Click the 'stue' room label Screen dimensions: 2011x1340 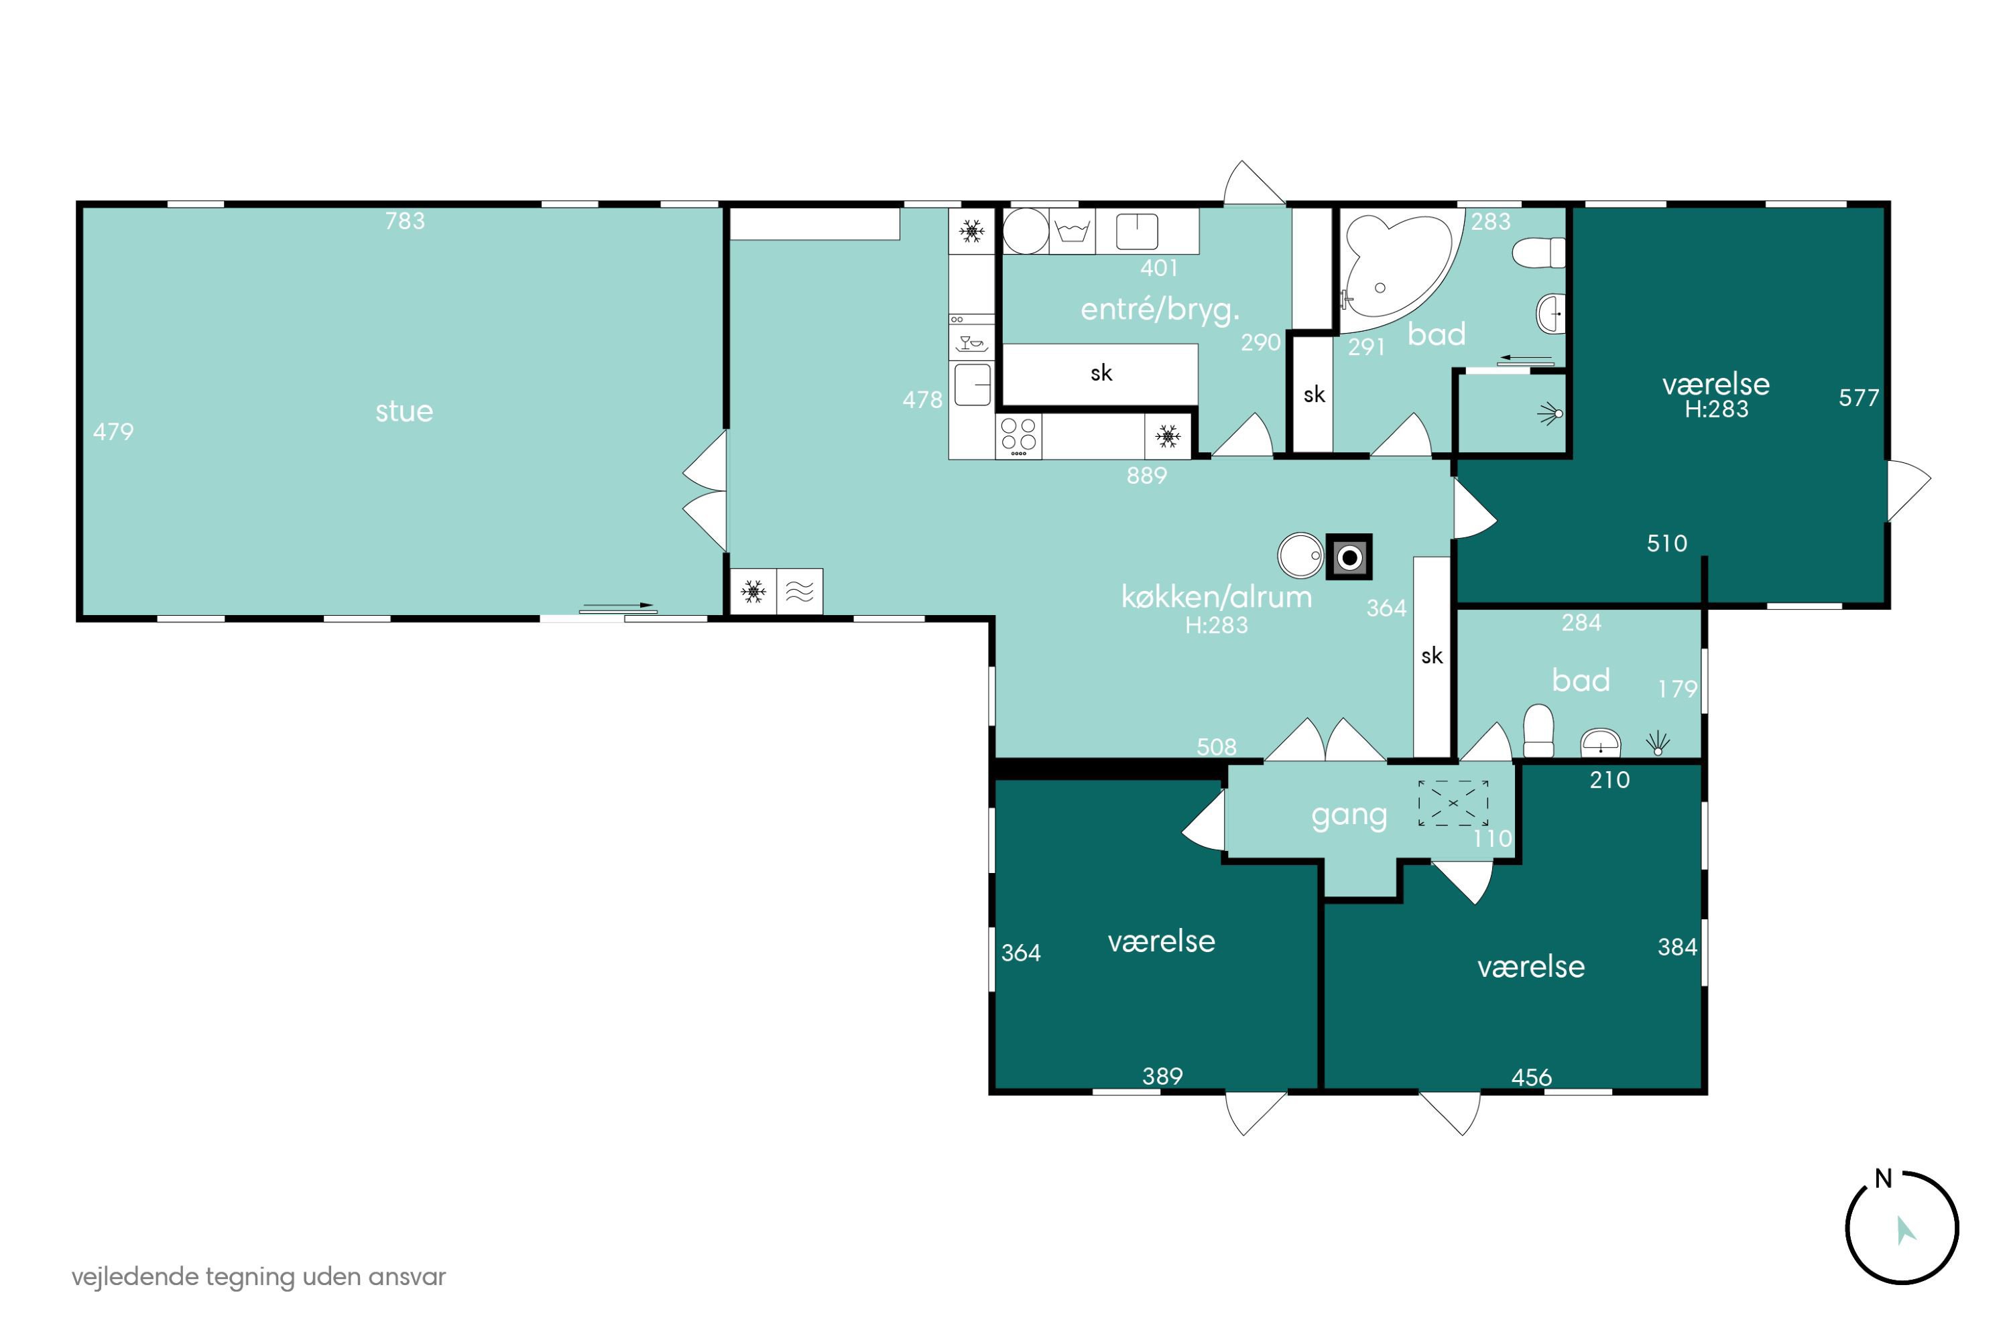point(404,411)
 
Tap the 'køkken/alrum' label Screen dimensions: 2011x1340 point(1216,596)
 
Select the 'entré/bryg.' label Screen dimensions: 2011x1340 point(1160,310)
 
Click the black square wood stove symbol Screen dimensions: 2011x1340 point(1349,557)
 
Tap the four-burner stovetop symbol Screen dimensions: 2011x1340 point(1018,436)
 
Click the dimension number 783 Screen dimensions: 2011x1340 point(404,221)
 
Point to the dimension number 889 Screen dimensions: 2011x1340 point(1146,476)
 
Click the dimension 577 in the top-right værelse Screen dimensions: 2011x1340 point(1859,397)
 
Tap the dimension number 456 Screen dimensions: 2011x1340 point(1531,1077)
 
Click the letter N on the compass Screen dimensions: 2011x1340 point(1883,1179)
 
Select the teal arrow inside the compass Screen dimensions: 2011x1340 point(1904,1231)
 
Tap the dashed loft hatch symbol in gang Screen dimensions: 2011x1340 point(1453,803)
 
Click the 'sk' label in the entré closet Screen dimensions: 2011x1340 point(1101,373)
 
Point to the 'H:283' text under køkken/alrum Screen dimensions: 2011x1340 point(1216,626)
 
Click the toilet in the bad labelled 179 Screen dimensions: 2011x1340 point(1538,731)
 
